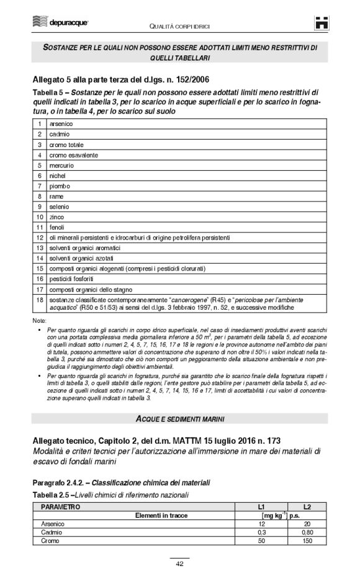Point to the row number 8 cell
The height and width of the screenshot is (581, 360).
coord(38,196)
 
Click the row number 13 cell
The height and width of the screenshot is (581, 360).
coord(38,248)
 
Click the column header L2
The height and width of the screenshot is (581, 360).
coord(307,507)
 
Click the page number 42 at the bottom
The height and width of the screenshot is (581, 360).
coord(179,564)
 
